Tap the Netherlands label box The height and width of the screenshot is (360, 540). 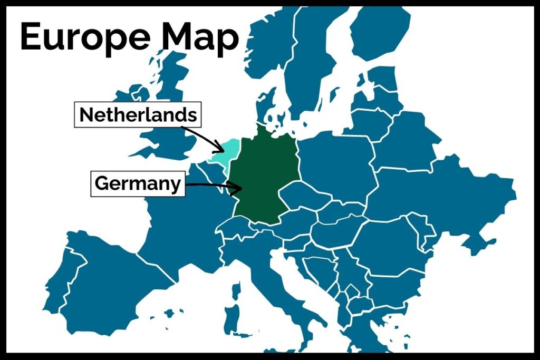pyautogui.click(x=138, y=114)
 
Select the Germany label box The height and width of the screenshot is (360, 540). pyautogui.click(x=138, y=184)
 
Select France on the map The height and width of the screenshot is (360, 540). pyautogui.click(x=179, y=221)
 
